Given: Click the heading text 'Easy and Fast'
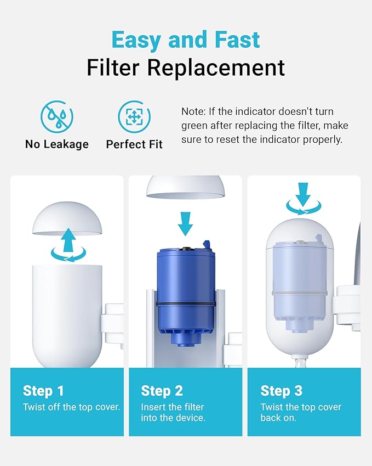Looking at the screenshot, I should (185, 40).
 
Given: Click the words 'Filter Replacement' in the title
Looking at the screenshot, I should (185, 68).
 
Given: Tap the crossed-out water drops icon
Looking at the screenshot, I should (56, 116).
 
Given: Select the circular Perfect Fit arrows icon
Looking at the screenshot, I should (134, 116).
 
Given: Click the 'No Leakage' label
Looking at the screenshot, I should (56, 144).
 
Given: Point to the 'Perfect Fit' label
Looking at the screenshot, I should (134, 144).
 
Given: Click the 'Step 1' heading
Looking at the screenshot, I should (43, 391).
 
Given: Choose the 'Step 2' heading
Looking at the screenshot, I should (162, 391).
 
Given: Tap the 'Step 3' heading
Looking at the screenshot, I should (281, 391).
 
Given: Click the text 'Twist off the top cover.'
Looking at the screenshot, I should (71, 407).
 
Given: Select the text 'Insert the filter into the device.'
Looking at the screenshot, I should (173, 412).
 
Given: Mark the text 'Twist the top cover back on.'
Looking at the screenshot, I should (300, 412).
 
